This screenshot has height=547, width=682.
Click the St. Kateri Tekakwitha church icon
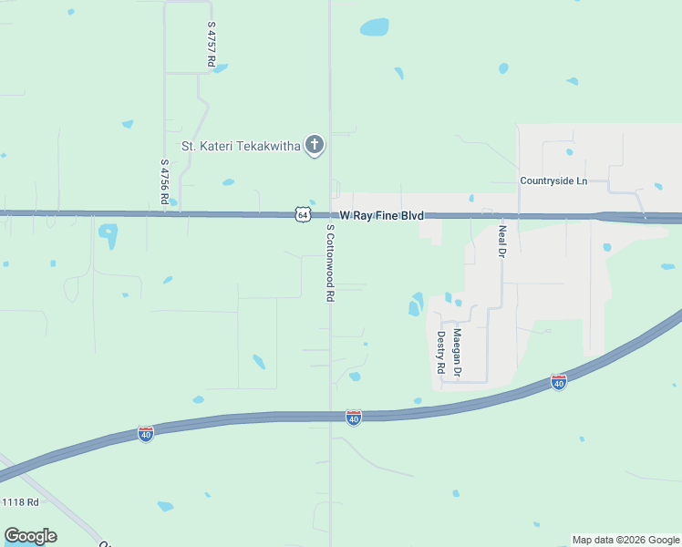315,145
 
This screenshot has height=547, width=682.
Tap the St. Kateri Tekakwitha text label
241,145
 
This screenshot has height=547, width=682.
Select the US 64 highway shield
303,214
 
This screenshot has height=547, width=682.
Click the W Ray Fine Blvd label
382,216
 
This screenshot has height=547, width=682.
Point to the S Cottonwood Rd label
330,265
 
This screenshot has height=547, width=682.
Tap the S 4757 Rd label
211,45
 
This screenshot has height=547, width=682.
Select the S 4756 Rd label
164,181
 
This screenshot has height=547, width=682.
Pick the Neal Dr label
501,241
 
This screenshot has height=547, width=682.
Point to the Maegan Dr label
458,353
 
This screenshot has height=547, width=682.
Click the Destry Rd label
440,352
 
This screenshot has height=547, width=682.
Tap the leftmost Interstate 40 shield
146,434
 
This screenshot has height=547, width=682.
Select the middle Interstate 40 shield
354,418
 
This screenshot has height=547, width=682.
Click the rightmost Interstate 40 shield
559,383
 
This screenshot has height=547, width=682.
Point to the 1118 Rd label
20,502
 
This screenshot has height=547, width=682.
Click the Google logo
30,536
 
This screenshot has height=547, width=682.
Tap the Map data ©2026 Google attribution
625,540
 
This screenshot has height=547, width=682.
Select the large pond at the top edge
374,27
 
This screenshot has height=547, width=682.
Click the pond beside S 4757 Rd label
220,68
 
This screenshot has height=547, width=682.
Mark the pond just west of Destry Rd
416,304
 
